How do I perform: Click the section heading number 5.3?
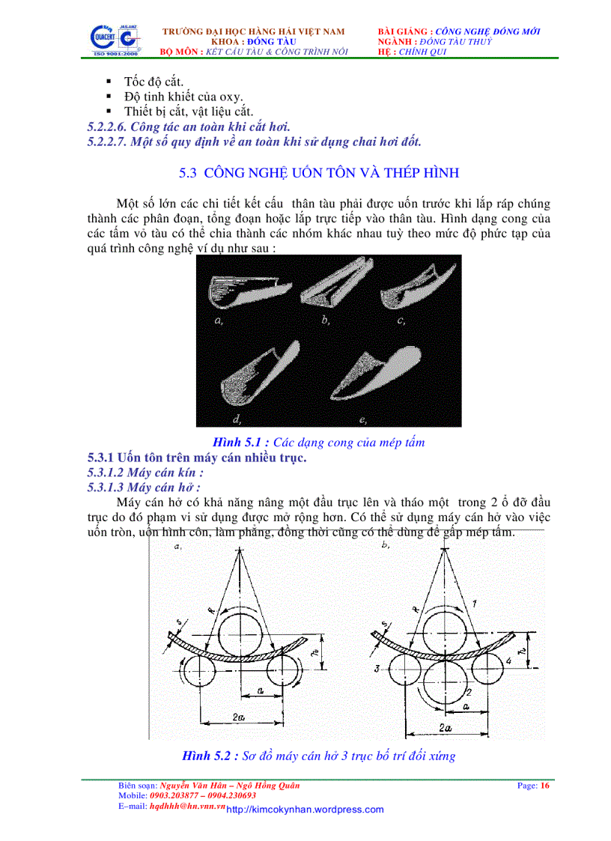coord(187,173)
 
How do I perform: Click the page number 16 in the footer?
coord(545,786)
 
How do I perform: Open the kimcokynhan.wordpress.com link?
coord(305,810)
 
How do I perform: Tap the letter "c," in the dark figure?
coord(401,321)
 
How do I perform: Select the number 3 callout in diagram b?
coord(378,667)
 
